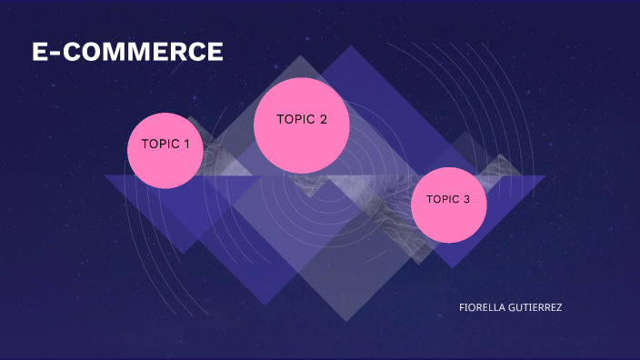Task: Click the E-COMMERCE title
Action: click(x=127, y=53)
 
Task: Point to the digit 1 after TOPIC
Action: click(x=186, y=144)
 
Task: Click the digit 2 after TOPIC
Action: click(x=323, y=119)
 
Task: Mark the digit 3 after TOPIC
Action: click(x=466, y=200)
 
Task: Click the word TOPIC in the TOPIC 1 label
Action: click(x=160, y=144)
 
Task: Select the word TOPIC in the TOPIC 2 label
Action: click(x=295, y=119)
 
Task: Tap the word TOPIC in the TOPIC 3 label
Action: click(x=443, y=200)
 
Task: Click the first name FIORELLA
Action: click(x=483, y=307)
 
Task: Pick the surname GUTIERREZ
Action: click(x=535, y=307)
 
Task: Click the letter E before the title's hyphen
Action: click(x=40, y=53)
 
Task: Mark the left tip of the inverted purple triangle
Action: click(x=105, y=175)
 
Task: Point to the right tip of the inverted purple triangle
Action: click(x=545, y=175)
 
